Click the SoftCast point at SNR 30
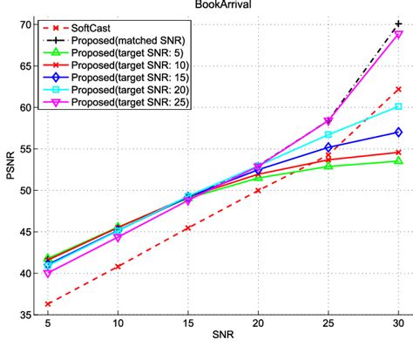[398, 90]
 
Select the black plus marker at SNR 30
[398, 24]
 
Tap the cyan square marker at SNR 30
[398, 106]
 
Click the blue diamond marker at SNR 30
[398, 132]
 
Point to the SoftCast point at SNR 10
[118, 266]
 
